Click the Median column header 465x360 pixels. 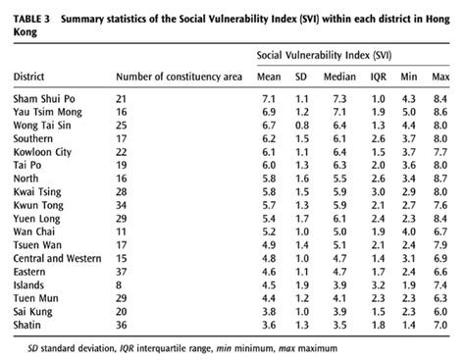340,77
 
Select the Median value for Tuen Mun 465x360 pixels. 338,297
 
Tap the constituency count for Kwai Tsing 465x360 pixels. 122,193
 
